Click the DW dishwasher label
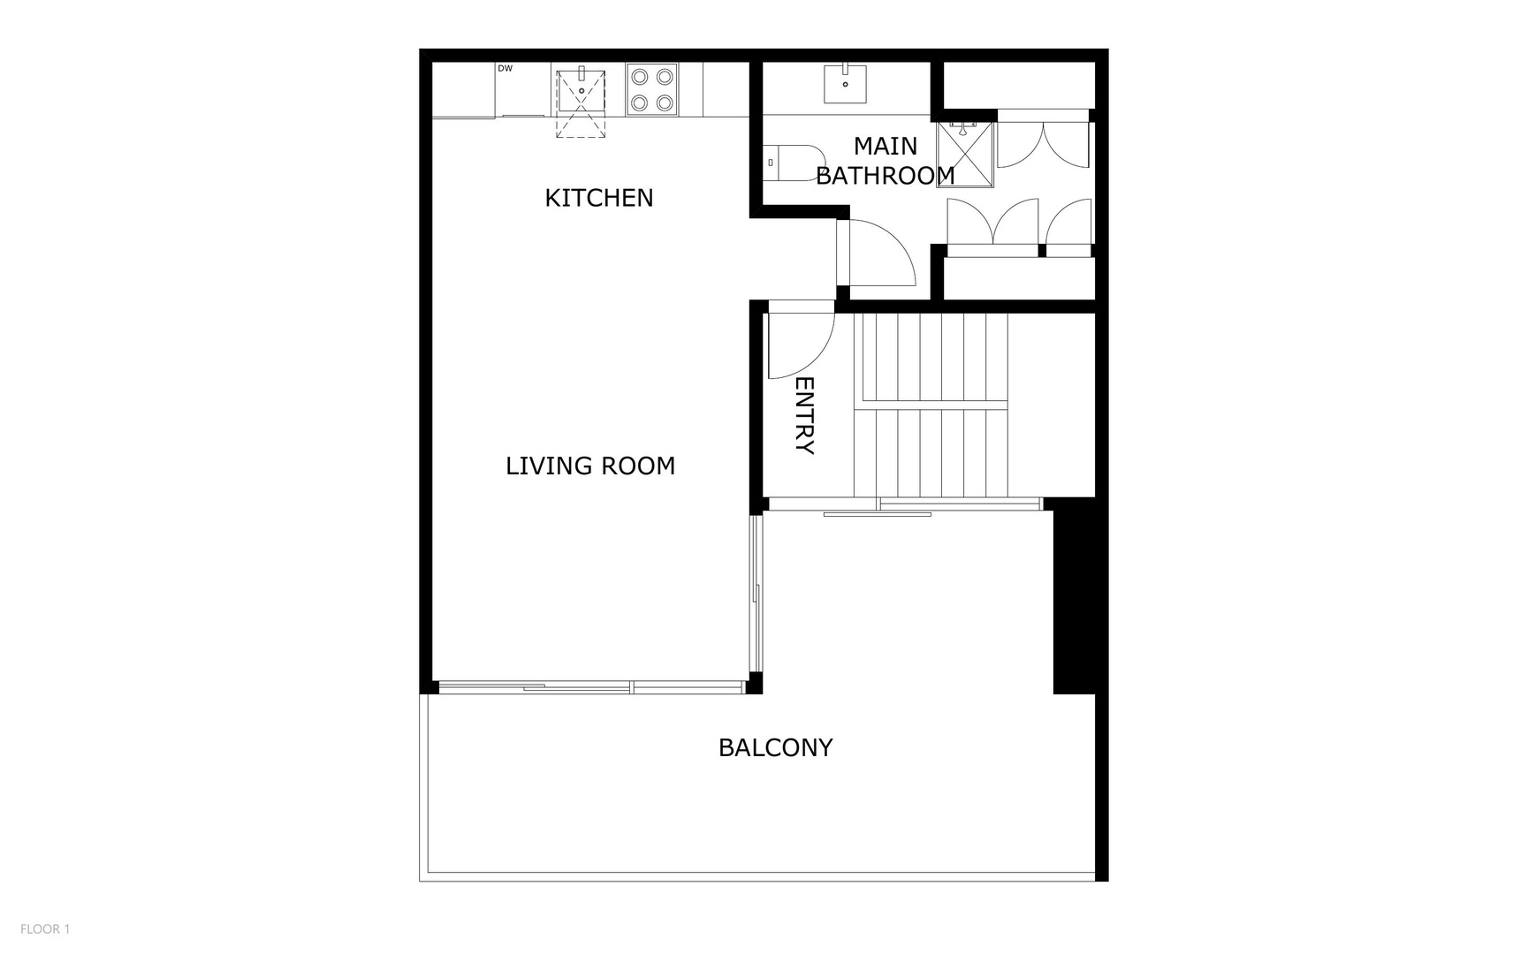505,68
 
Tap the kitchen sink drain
581,89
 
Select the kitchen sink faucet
582,72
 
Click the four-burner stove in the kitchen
652,89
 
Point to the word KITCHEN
599,198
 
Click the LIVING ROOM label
590,466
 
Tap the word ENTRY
804,415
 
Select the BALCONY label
775,747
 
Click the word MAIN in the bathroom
886,146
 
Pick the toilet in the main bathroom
794,163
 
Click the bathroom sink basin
845,84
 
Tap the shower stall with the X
965,155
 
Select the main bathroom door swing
877,252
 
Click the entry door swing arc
801,340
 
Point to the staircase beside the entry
931,405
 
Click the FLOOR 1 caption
45,928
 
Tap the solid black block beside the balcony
1074,596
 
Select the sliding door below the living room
590,687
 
